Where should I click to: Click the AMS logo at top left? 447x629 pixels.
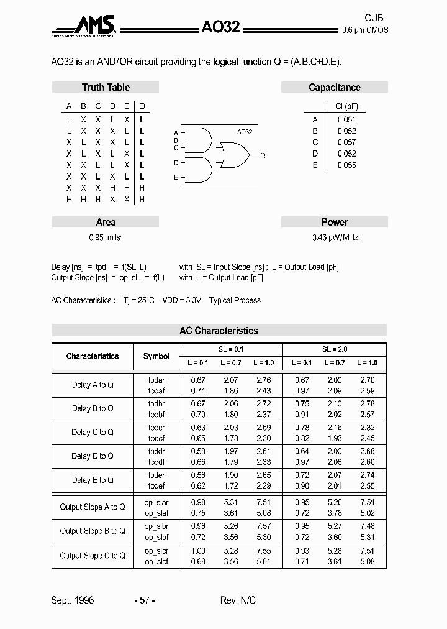click(83, 25)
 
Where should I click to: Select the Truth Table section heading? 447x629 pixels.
click(106, 88)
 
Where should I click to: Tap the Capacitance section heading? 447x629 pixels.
click(334, 88)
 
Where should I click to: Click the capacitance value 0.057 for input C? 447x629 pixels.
click(346, 142)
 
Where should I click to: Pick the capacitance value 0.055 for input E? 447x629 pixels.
click(346, 165)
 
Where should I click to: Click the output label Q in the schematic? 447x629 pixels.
click(263, 155)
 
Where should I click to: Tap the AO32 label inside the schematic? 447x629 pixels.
click(245, 132)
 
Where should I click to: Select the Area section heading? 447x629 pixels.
click(106, 222)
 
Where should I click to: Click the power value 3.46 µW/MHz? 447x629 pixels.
click(335, 237)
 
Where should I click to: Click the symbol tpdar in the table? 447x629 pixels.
click(156, 380)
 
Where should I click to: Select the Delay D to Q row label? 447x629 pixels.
click(93, 456)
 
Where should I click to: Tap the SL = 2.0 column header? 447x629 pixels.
click(334, 349)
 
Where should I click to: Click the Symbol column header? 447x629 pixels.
click(156, 356)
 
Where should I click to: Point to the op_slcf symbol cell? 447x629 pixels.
click(156, 562)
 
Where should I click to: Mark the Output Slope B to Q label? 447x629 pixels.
click(93, 531)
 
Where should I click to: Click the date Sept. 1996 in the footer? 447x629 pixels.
click(72, 600)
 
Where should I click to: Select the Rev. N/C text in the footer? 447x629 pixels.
click(238, 600)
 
